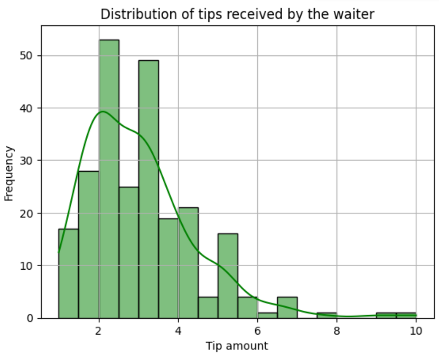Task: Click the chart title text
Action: click(237, 14)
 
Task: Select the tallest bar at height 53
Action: click(109, 179)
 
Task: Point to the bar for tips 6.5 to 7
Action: click(287, 308)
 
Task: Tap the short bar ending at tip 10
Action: click(406, 315)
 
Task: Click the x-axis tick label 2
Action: click(99, 331)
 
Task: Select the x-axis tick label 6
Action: click(257, 331)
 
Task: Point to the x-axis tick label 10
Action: click(416, 331)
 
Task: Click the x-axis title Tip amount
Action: click(237, 346)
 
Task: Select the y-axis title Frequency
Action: click(9, 173)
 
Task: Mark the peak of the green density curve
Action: click(102, 111)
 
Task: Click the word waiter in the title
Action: click(357, 14)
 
